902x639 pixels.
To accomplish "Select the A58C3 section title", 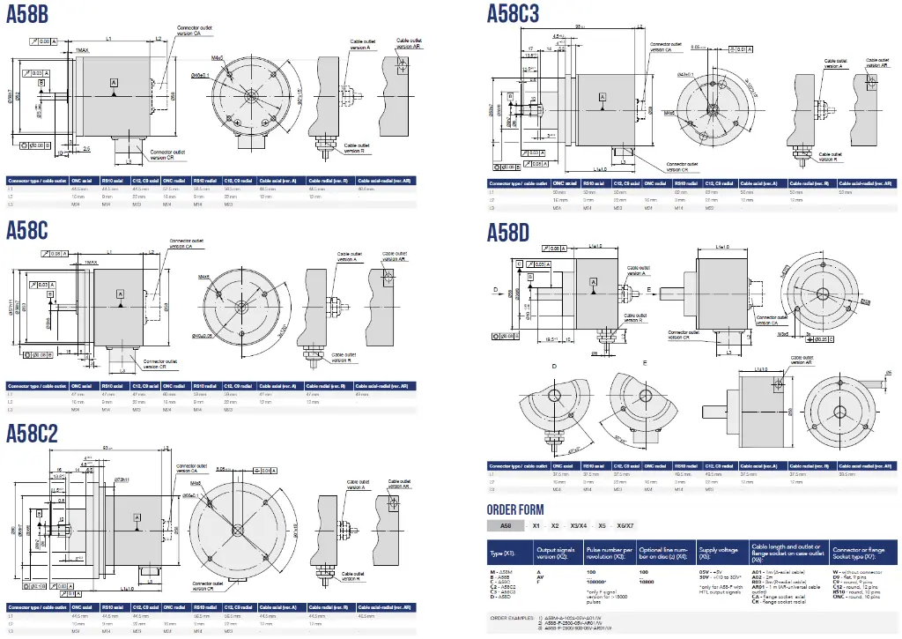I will pyautogui.click(x=514, y=12).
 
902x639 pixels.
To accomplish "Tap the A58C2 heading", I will pyautogui.click(x=33, y=433).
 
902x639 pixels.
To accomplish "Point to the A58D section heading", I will pyautogui.click(x=508, y=232).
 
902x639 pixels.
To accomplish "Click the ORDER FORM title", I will pyautogui.click(x=515, y=509).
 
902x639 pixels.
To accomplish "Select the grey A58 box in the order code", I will pyautogui.click(x=506, y=525).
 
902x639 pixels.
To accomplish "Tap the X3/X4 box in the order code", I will pyautogui.click(x=580, y=525).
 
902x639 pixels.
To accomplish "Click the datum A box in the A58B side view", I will pyautogui.click(x=114, y=81).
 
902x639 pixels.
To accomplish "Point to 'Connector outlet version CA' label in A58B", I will pyautogui.click(x=195, y=31).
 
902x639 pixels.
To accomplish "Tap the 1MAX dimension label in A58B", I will pyautogui.click(x=81, y=51).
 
